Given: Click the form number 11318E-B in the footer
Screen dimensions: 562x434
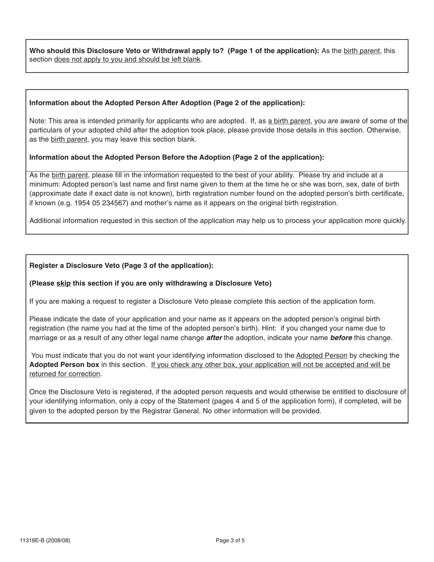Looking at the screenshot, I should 45,541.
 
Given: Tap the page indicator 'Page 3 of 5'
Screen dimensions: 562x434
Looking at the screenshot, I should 230,541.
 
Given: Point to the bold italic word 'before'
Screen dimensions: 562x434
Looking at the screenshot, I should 341,338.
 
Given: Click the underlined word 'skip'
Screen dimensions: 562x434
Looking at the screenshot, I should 64,283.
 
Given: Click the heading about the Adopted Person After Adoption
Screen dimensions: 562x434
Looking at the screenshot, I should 167,103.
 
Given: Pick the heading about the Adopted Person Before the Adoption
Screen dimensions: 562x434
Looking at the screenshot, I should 176,157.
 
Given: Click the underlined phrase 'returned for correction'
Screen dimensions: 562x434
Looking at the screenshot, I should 64,374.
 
